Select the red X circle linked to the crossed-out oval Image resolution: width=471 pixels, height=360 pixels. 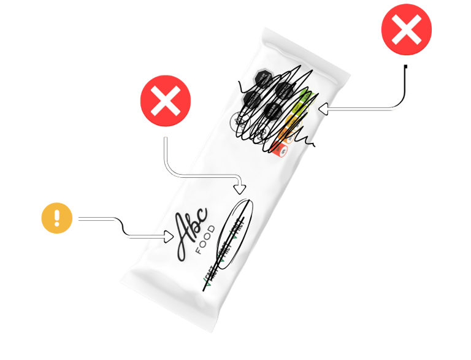[165, 101]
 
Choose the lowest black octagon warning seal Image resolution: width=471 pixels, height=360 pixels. [272, 111]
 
